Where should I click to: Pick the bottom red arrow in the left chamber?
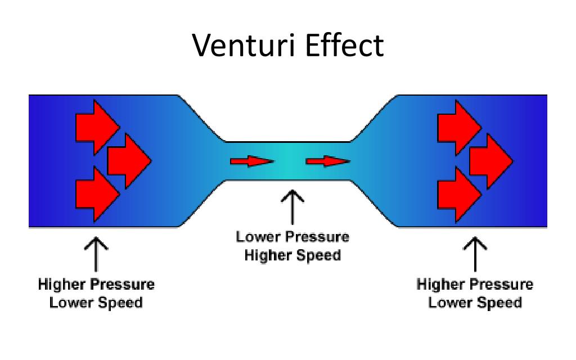click(x=96, y=193)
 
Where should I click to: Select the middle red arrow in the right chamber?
click(x=489, y=161)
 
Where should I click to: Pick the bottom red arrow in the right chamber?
click(x=457, y=193)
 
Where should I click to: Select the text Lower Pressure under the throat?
click(x=292, y=237)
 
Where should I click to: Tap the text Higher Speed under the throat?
click(x=292, y=255)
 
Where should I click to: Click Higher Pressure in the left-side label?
click(x=96, y=284)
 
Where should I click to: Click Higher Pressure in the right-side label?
click(x=475, y=284)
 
